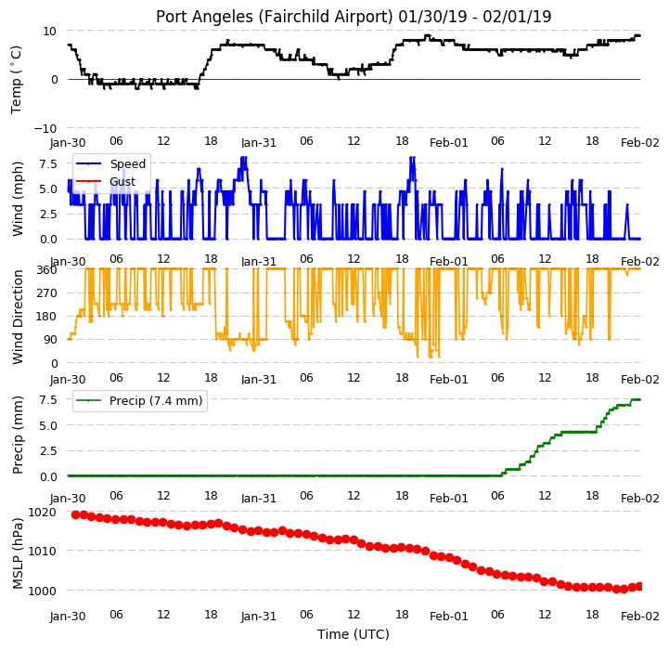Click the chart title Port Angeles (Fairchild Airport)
click(x=274, y=17)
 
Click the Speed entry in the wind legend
click(x=127, y=163)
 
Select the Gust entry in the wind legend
click(x=122, y=181)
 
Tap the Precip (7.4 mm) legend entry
click(x=156, y=400)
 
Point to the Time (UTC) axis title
click(x=354, y=634)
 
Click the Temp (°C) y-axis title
click(x=16, y=80)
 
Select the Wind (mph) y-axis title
click(x=18, y=199)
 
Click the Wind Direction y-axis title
click(x=18, y=317)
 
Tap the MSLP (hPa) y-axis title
click(x=18, y=553)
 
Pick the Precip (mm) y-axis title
click(x=18, y=435)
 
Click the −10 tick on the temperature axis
click(x=45, y=128)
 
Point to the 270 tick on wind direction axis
click(x=48, y=293)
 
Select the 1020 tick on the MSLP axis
click(x=42, y=512)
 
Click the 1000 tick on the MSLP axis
click(x=42, y=591)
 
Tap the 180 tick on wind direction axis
click(x=48, y=317)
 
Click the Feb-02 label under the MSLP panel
click(x=640, y=616)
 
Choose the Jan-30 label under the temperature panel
click(x=68, y=142)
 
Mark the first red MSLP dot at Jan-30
click(x=75, y=515)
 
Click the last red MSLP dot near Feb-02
click(x=639, y=586)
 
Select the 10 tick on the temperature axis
click(x=49, y=31)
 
